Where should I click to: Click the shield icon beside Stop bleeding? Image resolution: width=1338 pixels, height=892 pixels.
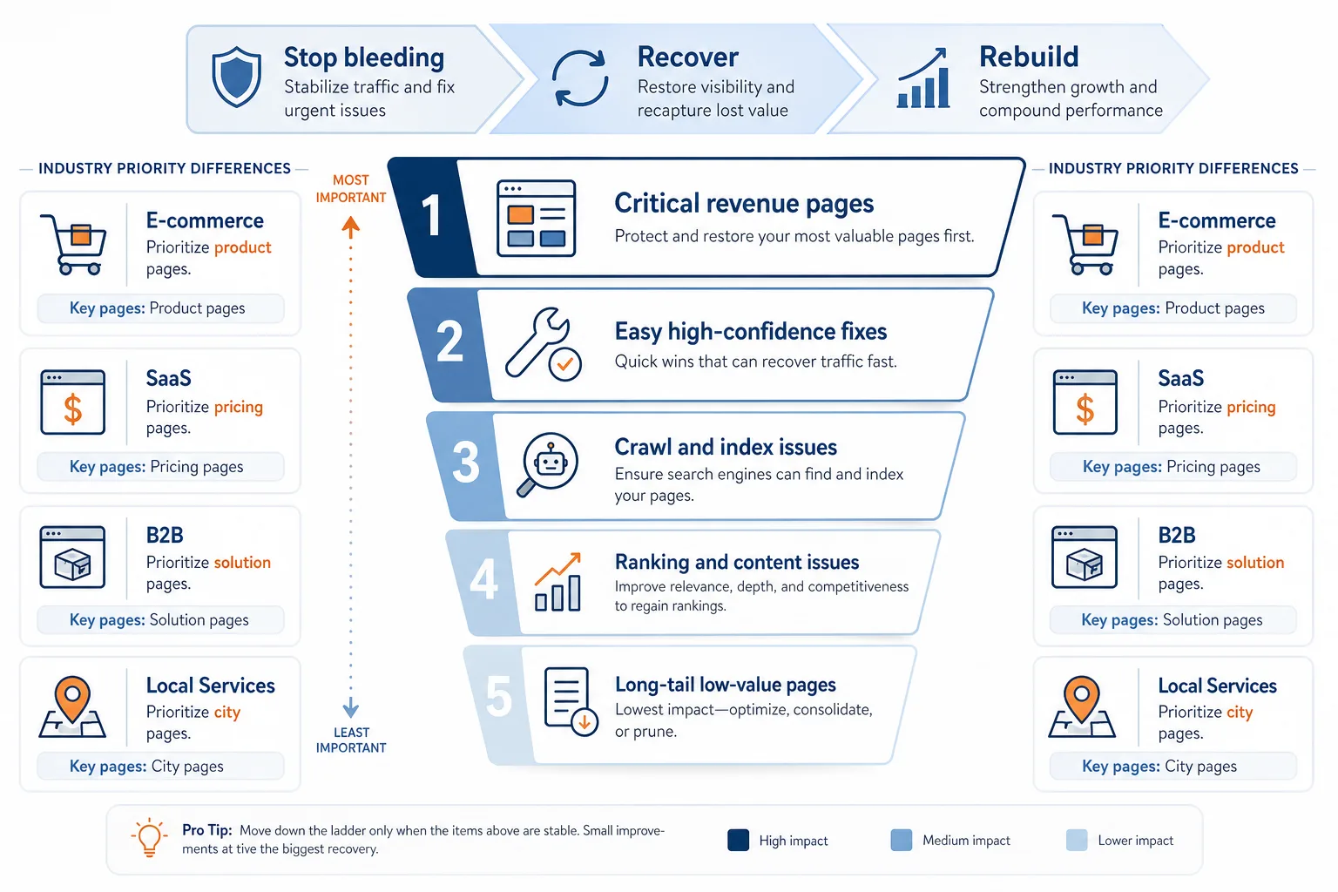237,77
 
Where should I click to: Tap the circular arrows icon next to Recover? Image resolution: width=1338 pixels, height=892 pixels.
580,78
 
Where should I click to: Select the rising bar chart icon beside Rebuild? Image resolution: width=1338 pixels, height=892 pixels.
923,78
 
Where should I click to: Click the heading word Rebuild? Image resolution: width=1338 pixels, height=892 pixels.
1029,57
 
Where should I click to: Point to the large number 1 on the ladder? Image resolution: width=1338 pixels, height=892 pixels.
430,215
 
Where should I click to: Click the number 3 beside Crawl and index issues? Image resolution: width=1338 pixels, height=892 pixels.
465,461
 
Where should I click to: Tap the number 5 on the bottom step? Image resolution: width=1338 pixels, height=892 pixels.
499,696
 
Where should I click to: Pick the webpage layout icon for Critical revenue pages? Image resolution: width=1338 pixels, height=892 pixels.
536,218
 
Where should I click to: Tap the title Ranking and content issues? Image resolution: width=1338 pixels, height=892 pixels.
736,562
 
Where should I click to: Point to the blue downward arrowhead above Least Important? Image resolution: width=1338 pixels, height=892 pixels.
351,708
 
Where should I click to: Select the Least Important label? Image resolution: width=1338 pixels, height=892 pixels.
351,740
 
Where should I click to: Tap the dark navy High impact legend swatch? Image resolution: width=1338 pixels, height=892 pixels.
739,840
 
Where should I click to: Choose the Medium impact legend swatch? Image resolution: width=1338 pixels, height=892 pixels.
902,840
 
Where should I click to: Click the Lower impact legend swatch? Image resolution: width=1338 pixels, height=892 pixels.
1077,840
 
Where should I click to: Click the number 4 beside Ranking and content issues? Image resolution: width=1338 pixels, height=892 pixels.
483,578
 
